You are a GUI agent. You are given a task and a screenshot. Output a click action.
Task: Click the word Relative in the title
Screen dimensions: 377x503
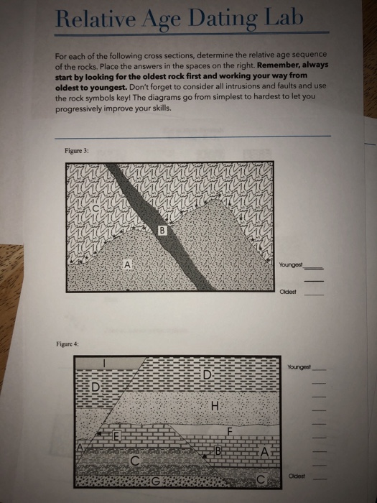tap(96, 19)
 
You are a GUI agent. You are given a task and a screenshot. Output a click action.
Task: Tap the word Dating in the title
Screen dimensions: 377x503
tap(224, 19)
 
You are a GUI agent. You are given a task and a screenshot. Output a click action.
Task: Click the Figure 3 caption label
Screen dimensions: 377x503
tap(77, 150)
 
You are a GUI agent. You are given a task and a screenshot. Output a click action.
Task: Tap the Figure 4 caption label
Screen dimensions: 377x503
tap(68, 344)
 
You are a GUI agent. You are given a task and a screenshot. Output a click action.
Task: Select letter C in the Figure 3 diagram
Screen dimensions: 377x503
tap(96, 208)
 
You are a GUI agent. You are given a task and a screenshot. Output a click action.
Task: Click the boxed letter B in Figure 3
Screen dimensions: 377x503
tap(162, 231)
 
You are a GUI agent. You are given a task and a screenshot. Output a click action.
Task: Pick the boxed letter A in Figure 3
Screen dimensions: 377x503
tap(127, 264)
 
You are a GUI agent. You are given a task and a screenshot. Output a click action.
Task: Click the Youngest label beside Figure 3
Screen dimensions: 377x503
tap(291, 264)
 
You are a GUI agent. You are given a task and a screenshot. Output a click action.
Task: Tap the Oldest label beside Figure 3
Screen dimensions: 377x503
tap(287, 292)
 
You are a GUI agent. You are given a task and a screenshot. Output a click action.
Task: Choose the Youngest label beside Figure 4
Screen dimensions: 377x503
tap(299, 366)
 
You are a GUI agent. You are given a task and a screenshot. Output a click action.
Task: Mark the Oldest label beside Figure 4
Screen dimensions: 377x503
tap(297, 476)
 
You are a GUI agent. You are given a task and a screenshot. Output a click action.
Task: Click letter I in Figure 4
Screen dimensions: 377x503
tap(104, 363)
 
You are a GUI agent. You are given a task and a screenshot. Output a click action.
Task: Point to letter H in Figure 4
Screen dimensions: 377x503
tap(215, 406)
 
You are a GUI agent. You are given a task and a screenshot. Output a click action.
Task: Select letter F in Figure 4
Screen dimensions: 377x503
tap(229, 431)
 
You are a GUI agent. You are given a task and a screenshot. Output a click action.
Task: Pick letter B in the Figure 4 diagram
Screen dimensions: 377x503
tap(218, 451)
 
